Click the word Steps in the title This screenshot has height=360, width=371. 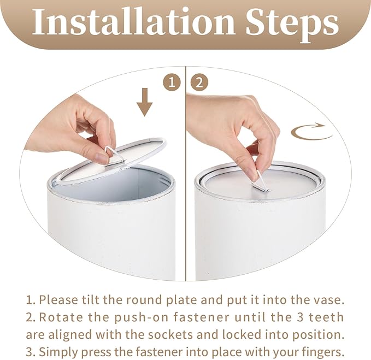[x=292, y=25]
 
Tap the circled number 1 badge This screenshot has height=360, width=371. [x=172, y=83]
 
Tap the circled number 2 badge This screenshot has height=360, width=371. [x=199, y=83]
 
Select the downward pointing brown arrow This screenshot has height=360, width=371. [x=145, y=102]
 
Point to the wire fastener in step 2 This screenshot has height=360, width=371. [x=260, y=182]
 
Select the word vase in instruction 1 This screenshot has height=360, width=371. [x=331, y=300]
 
